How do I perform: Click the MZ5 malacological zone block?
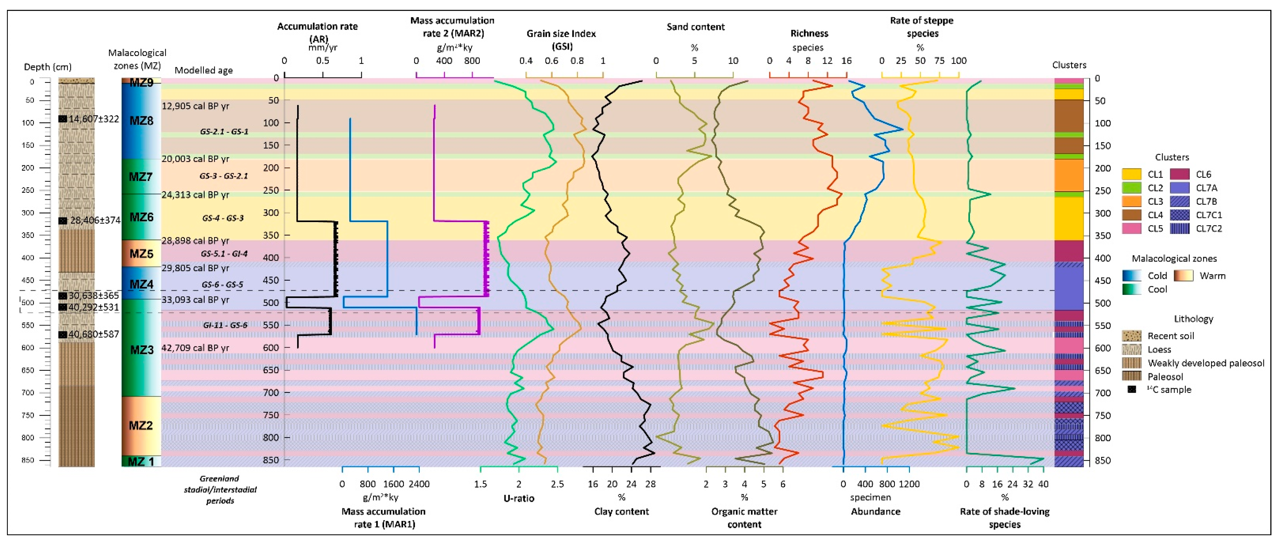tap(141, 254)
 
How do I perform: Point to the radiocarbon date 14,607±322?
tap(94, 119)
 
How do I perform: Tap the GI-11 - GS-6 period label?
tap(225, 325)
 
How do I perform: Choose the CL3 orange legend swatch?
tap(1131, 202)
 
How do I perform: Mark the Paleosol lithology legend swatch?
tap(1131, 376)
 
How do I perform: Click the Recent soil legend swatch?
tap(1131, 336)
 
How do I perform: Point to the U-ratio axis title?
tap(519, 498)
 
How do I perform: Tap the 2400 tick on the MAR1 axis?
tap(419, 484)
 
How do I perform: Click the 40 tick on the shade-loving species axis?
tap(1043, 484)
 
